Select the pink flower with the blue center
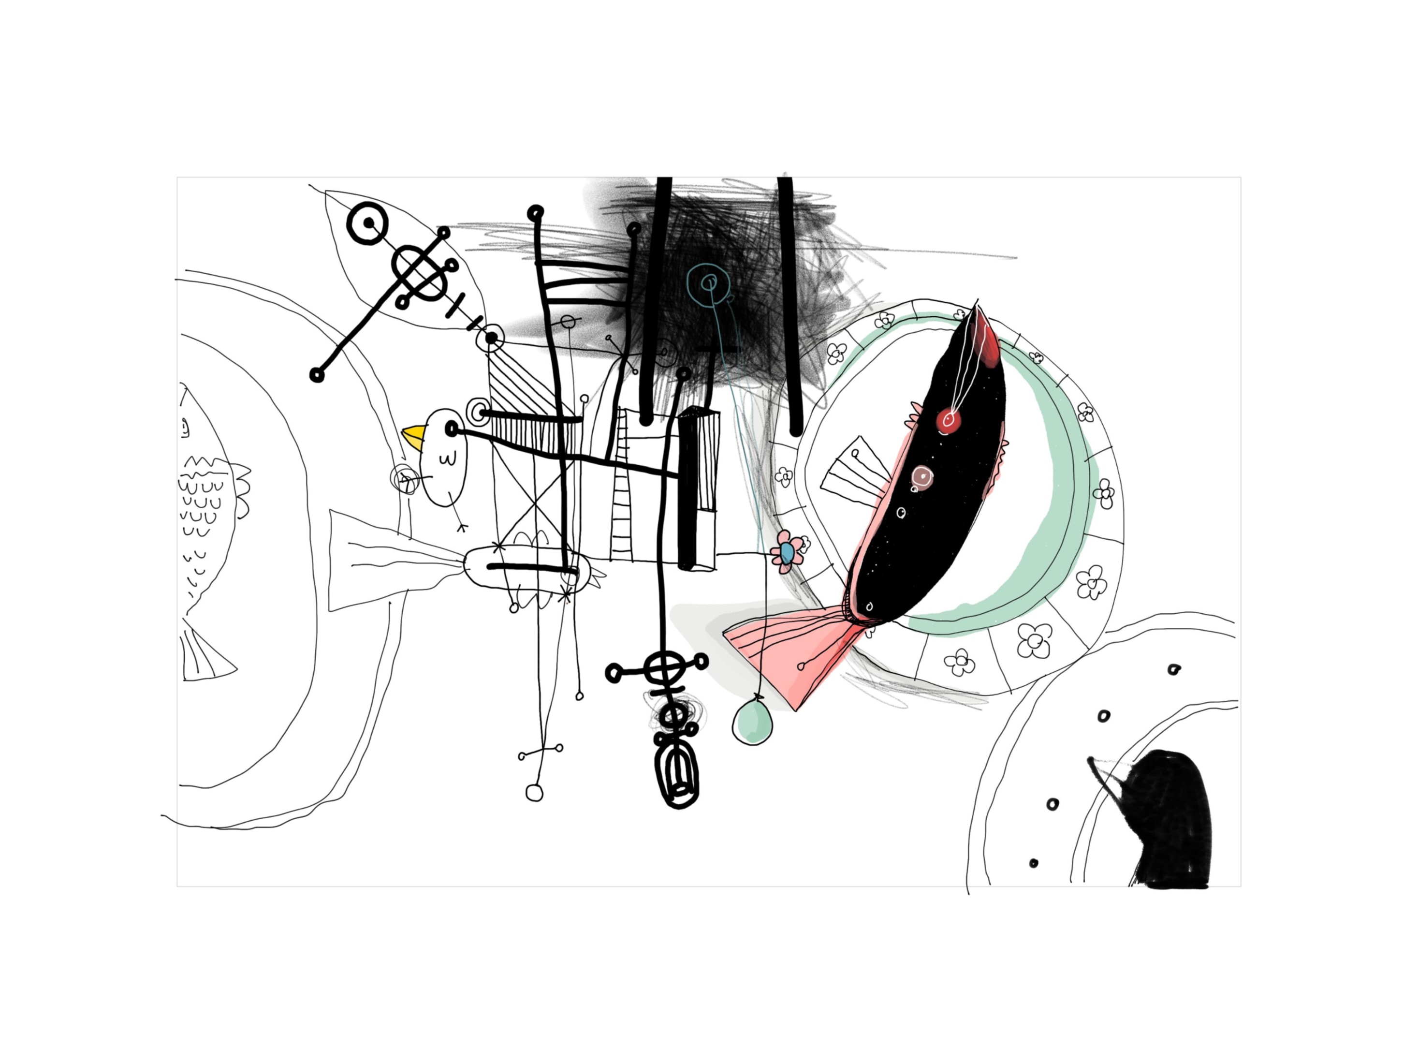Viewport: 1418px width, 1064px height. tap(787, 551)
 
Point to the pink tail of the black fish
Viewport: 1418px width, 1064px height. tap(792, 654)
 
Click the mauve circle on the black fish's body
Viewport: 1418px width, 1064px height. tap(922, 476)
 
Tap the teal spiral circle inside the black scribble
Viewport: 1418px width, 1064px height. tap(708, 282)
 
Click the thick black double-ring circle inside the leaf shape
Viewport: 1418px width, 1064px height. tap(368, 223)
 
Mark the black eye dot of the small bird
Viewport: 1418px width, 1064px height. tap(451, 429)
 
